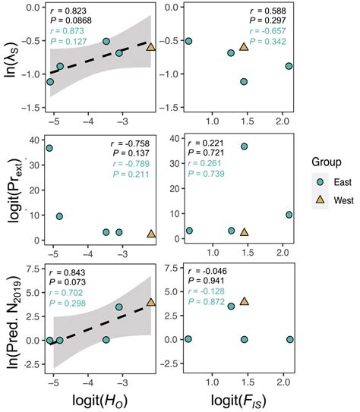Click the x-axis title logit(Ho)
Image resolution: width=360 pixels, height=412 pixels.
102,398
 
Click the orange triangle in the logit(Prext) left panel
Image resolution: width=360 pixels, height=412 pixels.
150,234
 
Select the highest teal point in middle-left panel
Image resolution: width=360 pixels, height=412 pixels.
49,148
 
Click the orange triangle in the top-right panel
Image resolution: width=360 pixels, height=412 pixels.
244,47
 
